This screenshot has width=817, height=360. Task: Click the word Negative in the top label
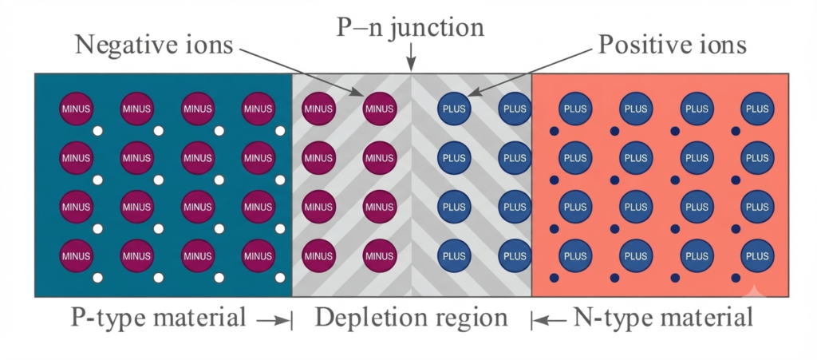tap(138, 45)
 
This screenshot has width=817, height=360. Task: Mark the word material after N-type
tap(699, 317)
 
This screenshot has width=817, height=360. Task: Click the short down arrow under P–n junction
tap(412, 57)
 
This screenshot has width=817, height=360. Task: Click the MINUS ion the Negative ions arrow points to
tap(379, 109)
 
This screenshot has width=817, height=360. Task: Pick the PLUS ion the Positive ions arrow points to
tap(454, 109)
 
